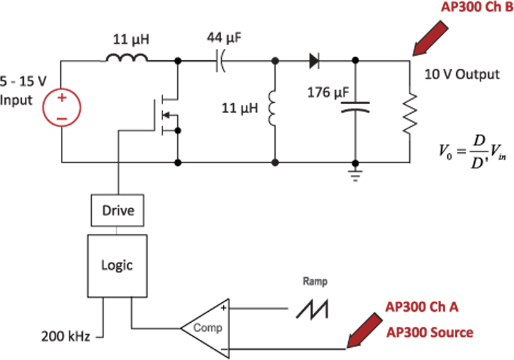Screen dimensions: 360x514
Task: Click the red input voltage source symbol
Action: pos(62,109)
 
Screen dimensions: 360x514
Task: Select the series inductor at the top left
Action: pos(127,60)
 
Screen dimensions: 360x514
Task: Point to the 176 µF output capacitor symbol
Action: pos(354,106)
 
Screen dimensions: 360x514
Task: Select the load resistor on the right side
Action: pos(409,113)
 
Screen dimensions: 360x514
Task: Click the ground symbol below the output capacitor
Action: pos(354,174)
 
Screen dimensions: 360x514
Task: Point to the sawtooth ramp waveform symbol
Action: pos(313,309)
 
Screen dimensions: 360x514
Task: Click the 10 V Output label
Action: pos(461,74)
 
